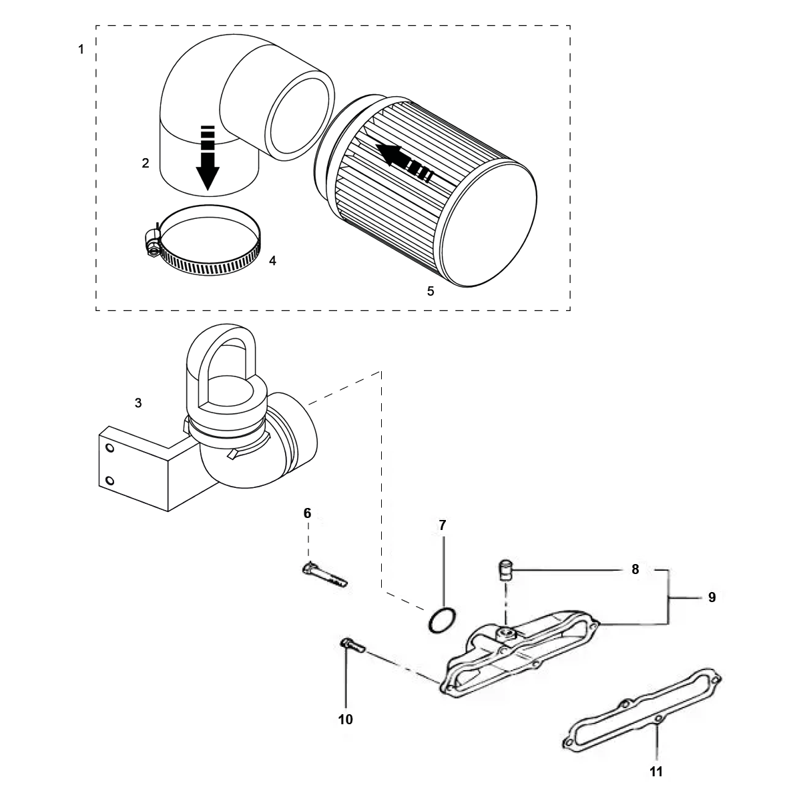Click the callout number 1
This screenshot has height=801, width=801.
click(x=81, y=49)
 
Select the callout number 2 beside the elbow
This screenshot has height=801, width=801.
click(x=146, y=163)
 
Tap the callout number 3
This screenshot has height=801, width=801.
click(x=138, y=403)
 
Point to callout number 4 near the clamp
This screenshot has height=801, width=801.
click(x=272, y=260)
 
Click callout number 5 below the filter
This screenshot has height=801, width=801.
click(x=431, y=292)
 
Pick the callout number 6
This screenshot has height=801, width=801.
click(x=307, y=513)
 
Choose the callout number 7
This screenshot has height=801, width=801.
click(x=443, y=525)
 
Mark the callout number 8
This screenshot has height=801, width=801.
click(x=635, y=569)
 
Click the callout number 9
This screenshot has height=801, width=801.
click(x=712, y=597)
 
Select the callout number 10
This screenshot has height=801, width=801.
click(x=346, y=719)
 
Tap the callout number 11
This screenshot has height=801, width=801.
click(x=656, y=772)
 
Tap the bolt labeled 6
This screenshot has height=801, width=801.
click(x=324, y=575)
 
